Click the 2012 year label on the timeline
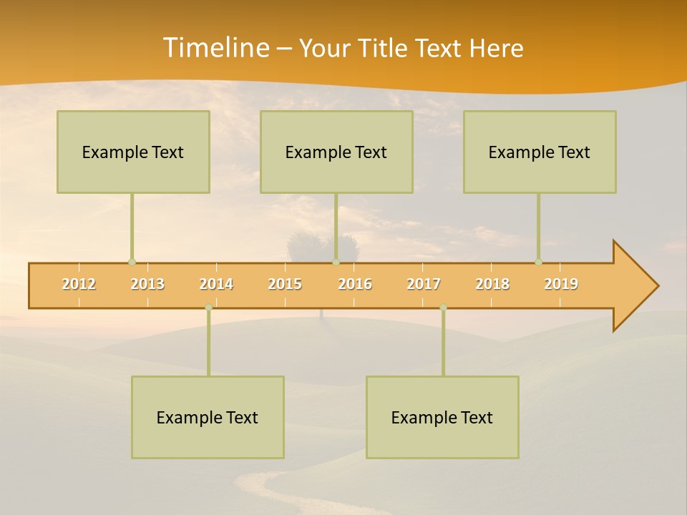pos(79,285)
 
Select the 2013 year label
pos(147,285)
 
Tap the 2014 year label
pos(216,285)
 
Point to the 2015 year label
pos(285,285)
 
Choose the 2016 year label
pos(355,285)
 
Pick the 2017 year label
pos(424,285)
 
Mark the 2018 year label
pos(492,285)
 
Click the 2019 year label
pos(561,285)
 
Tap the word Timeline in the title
pos(215,48)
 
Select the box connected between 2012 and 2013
pos(133,152)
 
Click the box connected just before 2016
pos(336,152)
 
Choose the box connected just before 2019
pos(540,152)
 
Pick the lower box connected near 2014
pos(208,418)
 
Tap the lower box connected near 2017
pos(442,418)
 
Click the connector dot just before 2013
pos(132,263)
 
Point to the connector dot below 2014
pos(208,308)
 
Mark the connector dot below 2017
pos(443,308)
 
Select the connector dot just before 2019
pos(538,263)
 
